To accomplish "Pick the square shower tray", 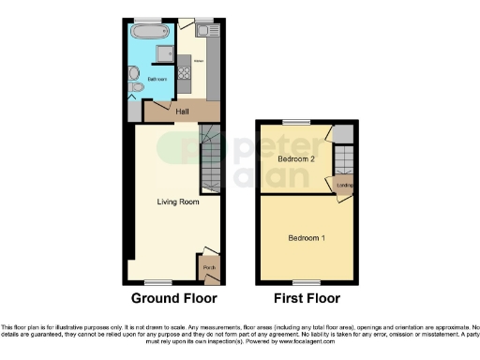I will tap(164, 53).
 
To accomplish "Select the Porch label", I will tap(208, 266).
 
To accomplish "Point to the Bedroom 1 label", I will tap(307, 237).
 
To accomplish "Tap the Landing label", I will tap(345, 185).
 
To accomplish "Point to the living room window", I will tap(157, 281).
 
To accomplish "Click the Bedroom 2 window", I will tap(298, 123).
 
